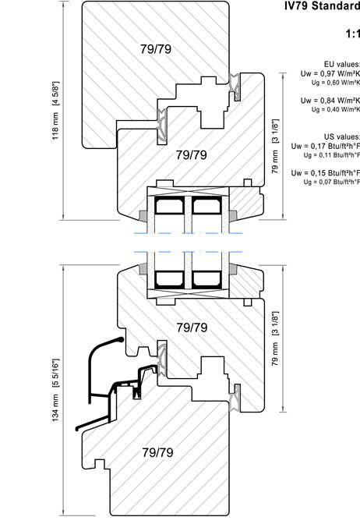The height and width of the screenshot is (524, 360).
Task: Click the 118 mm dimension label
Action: [56, 110]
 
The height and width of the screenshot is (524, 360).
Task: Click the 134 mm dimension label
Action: [56, 390]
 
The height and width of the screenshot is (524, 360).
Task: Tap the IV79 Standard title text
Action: [323, 5]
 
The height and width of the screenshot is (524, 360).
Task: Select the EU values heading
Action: [342, 64]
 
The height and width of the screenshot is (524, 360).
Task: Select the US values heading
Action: [342, 136]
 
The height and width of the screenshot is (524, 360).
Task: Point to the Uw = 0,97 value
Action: [330, 73]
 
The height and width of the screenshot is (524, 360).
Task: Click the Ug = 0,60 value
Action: [336, 82]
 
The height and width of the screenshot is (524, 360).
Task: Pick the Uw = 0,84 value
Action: [330, 101]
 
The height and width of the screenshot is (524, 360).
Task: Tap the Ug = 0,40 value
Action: [336, 109]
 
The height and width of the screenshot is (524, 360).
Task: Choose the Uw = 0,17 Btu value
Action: [326, 146]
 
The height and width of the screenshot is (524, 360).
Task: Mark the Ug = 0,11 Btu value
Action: [332, 154]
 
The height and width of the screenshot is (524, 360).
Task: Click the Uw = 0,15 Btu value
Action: [326, 173]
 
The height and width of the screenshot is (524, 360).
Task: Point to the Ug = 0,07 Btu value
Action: [332, 182]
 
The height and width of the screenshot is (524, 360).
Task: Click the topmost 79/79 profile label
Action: [156, 49]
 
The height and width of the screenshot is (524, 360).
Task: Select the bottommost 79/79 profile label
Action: [157, 452]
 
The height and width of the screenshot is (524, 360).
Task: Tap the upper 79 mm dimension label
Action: [275, 146]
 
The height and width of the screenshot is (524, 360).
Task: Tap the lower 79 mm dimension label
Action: [275, 338]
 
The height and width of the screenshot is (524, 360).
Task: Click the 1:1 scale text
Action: [353, 34]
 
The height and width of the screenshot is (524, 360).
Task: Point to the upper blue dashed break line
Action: [188, 233]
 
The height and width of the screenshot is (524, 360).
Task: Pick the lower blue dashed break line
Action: [188, 252]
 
